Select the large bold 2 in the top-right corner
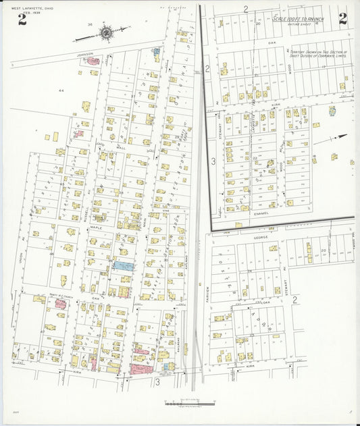click(x=343, y=18)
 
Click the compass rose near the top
click(x=106, y=31)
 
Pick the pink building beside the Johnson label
click(x=93, y=61)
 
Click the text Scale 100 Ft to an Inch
click(x=298, y=20)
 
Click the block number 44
click(x=61, y=90)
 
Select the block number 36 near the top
click(x=90, y=24)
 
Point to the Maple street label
click(x=97, y=228)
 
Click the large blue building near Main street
click(x=124, y=266)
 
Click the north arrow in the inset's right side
click(x=338, y=137)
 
